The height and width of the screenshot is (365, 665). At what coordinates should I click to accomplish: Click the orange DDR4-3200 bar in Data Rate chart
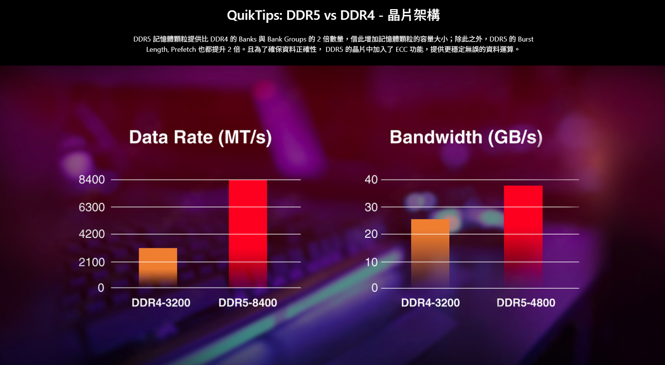click(x=158, y=267)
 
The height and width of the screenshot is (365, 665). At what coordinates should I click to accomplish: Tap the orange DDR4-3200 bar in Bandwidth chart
click(x=430, y=253)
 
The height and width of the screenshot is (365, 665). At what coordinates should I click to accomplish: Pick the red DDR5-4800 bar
click(x=523, y=236)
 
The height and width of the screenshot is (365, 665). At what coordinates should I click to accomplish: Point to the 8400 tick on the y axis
click(x=91, y=179)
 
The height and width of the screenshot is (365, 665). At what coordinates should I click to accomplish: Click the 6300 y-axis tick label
click(x=91, y=207)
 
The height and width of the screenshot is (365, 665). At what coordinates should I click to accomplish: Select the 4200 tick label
click(x=91, y=234)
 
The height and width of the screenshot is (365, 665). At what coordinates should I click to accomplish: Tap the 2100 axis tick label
click(x=91, y=262)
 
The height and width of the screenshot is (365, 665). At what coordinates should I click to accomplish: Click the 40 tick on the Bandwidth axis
click(x=371, y=179)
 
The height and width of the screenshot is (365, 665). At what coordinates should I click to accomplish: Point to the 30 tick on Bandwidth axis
click(x=371, y=207)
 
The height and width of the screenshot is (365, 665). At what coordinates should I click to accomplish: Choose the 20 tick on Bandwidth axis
click(x=371, y=234)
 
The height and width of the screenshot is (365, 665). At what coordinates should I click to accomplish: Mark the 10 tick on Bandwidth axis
click(x=371, y=262)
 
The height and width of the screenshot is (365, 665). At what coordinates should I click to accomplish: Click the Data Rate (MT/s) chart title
click(x=200, y=137)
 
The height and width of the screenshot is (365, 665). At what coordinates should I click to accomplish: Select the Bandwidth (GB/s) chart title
click(x=466, y=137)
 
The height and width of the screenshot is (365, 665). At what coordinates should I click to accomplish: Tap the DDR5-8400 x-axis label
click(x=248, y=303)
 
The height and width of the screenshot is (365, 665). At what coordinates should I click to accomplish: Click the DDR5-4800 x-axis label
click(x=526, y=303)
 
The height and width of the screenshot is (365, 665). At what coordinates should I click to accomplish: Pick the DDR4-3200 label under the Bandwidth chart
click(x=430, y=303)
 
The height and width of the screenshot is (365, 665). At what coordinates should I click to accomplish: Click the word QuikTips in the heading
click(x=254, y=15)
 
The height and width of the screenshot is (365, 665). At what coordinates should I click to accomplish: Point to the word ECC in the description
click(x=401, y=50)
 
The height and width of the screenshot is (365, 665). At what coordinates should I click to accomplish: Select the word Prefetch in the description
click(x=183, y=50)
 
